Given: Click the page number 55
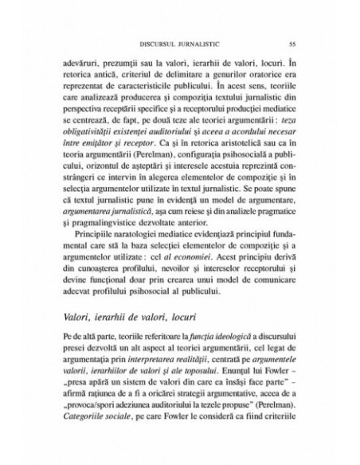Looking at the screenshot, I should click(292, 44).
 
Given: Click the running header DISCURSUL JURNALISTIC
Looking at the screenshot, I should click(180, 44).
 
